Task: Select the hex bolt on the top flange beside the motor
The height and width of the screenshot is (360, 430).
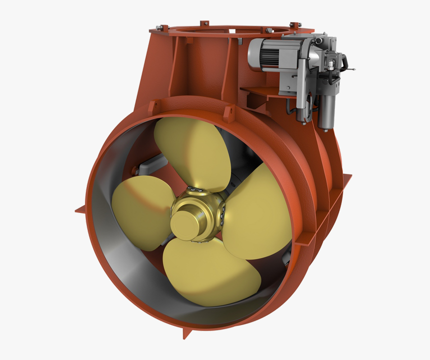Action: pos(269,31)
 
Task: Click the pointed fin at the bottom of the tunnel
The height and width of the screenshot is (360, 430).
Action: pos(187,333)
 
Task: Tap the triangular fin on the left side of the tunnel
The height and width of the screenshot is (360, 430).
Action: pos(80,209)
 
